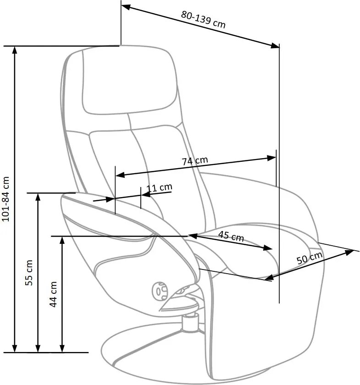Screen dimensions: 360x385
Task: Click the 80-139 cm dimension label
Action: pyautogui.click(x=203, y=19)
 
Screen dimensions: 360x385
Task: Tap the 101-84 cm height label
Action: pyautogui.click(x=6, y=199)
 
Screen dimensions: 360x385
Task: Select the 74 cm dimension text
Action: pyautogui.click(x=195, y=161)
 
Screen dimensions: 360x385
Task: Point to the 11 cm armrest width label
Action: pyautogui.click(x=159, y=188)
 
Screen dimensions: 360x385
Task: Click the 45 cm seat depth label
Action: pyautogui.click(x=231, y=236)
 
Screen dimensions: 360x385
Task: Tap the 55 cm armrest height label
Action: pyautogui.click(x=29, y=273)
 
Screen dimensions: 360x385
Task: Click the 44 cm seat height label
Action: pyautogui.click(x=53, y=294)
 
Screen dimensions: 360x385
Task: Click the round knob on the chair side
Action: pyautogui.click(x=160, y=291)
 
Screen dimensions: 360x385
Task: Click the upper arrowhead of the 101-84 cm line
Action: pyautogui.click(x=15, y=50)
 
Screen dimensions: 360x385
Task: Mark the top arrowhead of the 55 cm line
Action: pyautogui.click(x=38, y=198)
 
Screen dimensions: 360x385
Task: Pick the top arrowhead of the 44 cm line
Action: pyautogui.click(x=62, y=242)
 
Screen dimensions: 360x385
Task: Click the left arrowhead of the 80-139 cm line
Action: pyautogui.click(x=126, y=7)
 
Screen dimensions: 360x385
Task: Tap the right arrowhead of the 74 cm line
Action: pyautogui.click(x=271, y=158)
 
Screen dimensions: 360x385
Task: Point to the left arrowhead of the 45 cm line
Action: pyautogui.click(x=193, y=236)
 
